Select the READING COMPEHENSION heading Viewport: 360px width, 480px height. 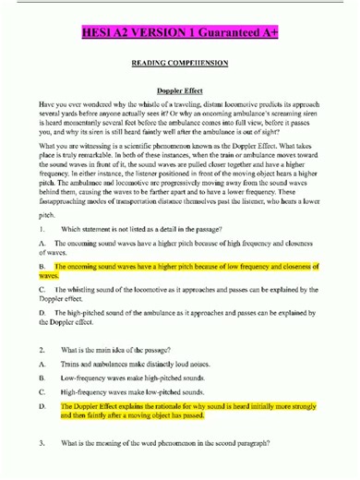coord(180,67)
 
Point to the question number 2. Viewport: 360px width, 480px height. coord(43,351)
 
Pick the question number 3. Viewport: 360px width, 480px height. coord(43,444)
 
